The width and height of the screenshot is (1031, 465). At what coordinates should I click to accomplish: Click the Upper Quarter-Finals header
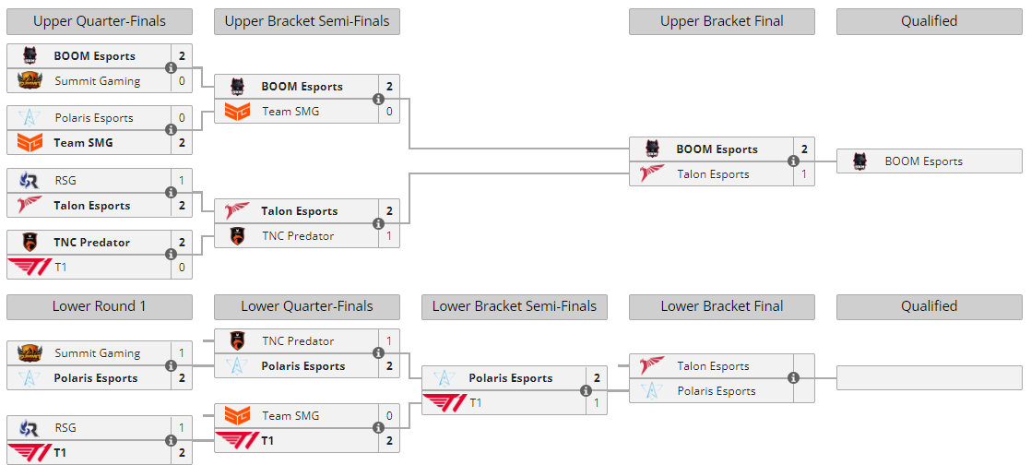click(x=100, y=21)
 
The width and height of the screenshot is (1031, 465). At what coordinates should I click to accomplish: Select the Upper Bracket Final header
click(x=721, y=21)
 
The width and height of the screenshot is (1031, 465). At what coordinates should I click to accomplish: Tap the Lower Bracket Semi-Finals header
click(x=514, y=306)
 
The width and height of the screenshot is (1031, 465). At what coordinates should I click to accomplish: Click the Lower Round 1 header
click(x=100, y=306)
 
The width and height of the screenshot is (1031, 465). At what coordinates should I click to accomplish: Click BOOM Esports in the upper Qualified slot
click(x=923, y=161)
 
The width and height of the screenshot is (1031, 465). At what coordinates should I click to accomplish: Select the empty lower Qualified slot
click(x=929, y=378)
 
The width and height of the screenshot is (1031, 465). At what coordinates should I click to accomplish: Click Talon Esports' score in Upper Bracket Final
click(x=804, y=174)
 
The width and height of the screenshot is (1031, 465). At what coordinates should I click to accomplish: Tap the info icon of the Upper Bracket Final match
click(x=793, y=161)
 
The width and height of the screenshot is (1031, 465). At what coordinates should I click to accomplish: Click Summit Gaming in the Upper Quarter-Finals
click(x=97, y=81)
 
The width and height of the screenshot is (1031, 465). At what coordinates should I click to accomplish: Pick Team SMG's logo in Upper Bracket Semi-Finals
click(x=237, y=112)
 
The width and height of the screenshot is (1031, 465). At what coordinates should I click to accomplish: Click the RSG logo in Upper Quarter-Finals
click(x=30, y=181)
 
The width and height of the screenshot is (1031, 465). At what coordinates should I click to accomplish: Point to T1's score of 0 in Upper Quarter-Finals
click(x=182, y=268)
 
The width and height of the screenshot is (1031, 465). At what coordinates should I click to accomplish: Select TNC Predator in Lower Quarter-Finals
click(x=298, y=341)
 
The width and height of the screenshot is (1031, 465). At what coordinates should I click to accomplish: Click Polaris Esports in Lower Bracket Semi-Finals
click(x=510, y=378)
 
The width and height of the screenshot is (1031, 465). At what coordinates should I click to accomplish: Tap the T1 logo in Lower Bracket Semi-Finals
click(x=444, y=403)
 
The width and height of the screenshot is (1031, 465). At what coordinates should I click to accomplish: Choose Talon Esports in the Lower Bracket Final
click(x=713, y=366)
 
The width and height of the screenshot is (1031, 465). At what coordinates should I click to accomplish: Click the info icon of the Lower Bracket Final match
click(x=793, y=378)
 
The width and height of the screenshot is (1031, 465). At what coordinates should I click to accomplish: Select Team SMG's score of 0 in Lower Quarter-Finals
click(x=389, y=416)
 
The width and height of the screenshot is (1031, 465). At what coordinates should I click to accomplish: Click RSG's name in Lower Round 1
click(x=65, y=428)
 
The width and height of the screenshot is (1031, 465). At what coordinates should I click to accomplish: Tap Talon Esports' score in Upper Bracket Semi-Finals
click(x=389, y=211)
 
